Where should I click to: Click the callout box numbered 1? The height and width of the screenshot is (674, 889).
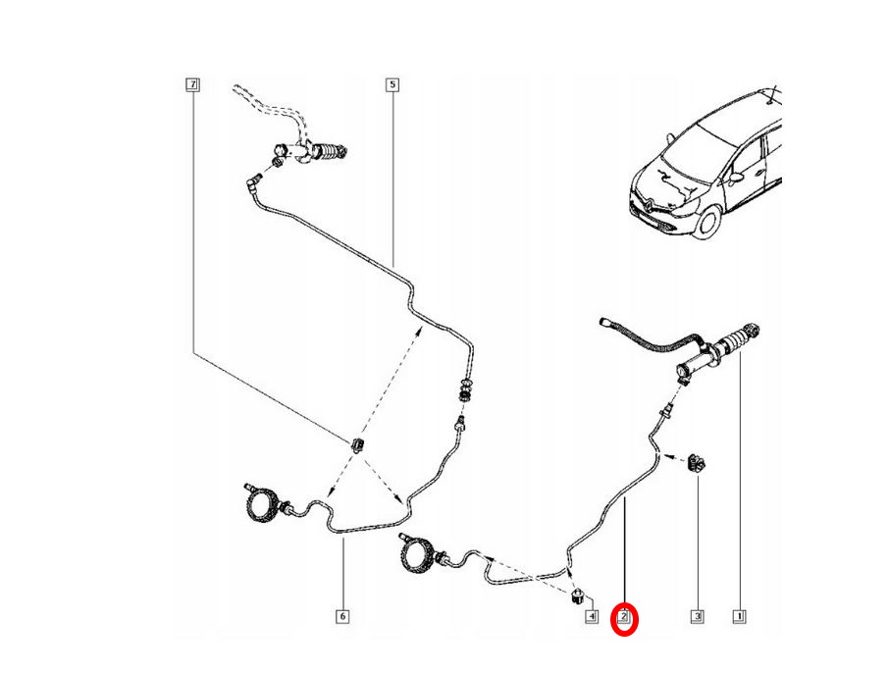click(x=739, y=617)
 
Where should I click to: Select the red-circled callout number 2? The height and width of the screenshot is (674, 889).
click(x=625, y=618)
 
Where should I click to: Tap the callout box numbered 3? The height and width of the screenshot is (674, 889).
click(x=697, y=617)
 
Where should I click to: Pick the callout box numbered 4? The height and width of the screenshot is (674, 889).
click(x=591, y=617)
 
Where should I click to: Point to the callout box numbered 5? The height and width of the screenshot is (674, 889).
click(x=392, y=85)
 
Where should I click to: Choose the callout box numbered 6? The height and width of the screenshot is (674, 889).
click(x=342, y=617)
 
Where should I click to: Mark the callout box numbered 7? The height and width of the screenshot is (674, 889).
click(x=192, y=85)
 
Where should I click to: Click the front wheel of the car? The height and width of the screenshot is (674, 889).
click(x=707, y=220)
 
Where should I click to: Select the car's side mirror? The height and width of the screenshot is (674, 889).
click(x=735, y=179)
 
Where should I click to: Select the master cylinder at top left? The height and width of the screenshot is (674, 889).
click(x=318, y=153)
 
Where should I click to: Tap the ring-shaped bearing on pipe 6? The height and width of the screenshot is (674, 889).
click(x=262, y=505)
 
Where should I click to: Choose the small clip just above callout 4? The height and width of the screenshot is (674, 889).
click(x=579, y=594)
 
